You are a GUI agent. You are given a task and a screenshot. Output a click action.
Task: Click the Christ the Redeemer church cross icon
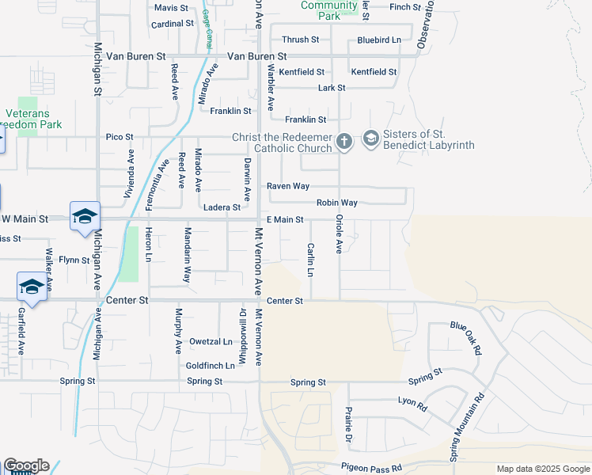point(343,142)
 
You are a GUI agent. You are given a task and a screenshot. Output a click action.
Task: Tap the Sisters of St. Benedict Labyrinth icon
point(370,140)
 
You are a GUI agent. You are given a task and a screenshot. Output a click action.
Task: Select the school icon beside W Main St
point(85,217)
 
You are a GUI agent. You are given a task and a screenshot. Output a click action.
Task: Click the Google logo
point(25,465)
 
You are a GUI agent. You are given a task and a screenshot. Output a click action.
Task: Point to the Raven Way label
point(287,186)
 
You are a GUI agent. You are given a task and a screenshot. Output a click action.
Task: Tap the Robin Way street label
point(337,203)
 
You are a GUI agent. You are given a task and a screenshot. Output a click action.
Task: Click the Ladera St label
point(222,207)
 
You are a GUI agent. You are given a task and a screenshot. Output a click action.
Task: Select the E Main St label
point(285,219)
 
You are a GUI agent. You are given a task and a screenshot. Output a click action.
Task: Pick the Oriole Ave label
point(339,234)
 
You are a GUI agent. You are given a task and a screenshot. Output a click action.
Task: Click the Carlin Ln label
point(310,260)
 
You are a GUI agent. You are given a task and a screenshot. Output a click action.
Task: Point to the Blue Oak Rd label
point(466,337)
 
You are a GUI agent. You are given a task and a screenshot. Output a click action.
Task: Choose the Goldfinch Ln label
point(211,366)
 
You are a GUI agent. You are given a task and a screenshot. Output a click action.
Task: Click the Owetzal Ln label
point(211,342)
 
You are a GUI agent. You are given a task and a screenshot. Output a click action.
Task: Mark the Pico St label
point(120,137)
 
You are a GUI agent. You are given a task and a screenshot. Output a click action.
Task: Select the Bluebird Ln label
point(379,39)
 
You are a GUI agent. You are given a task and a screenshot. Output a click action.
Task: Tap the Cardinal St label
point(173,24)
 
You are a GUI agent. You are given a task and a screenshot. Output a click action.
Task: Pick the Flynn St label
point(74,260)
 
